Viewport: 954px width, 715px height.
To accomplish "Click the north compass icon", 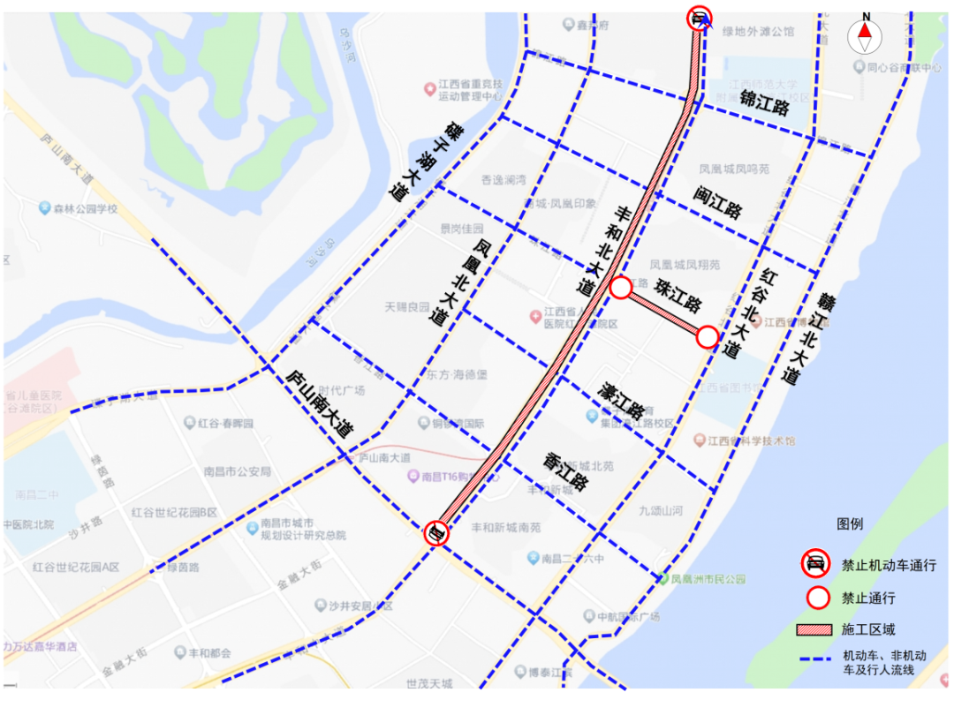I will point(865,34).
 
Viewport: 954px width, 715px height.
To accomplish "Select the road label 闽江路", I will point(717,202).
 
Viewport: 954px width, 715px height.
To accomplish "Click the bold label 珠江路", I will point(678,297).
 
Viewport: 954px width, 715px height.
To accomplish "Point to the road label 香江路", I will point(566,471).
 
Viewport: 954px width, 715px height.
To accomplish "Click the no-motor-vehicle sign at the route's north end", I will point(700,17).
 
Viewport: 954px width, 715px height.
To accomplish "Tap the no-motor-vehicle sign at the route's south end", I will point(436,532).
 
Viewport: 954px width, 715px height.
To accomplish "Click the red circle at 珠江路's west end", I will point(621,287).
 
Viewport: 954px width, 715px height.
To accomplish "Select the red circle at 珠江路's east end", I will point(708,336).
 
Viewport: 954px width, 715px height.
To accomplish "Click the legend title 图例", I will point(850,524).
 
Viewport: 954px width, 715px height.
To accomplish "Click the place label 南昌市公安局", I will point(237,470).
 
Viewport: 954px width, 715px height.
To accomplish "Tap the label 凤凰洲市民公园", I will point(708,580).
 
